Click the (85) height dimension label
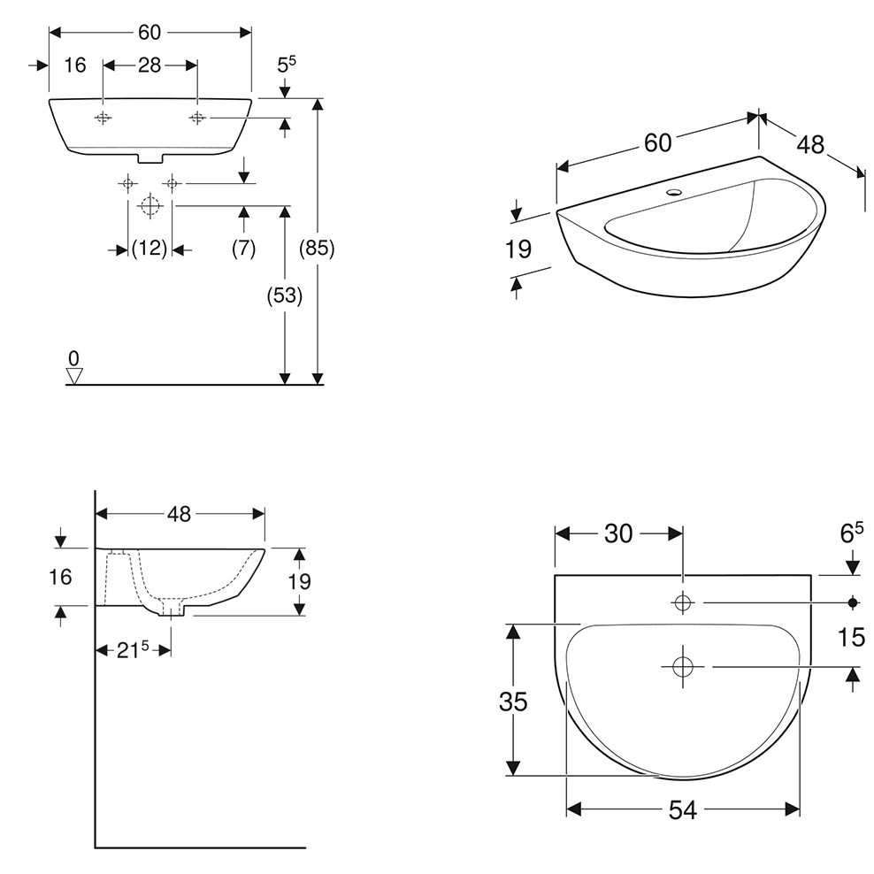pyautogui.click(x=317, y=248)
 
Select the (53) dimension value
pyautogui.click(x=284, y=295)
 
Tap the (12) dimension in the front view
pyautogui.click(x=149, y=248)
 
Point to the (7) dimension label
pyautogui.click(x=243, y=248)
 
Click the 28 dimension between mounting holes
pyautogui.click(x=149, y=65)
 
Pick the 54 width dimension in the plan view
pyautogui.click(x=683, y=810)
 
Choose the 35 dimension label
pyautogui.click(x=513, y=701)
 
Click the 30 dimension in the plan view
pyautogui.click(x=618, y=533)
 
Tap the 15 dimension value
pyautogui.click(x=851, y=637)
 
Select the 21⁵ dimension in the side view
pyautogui.click(x=133, y=649)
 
